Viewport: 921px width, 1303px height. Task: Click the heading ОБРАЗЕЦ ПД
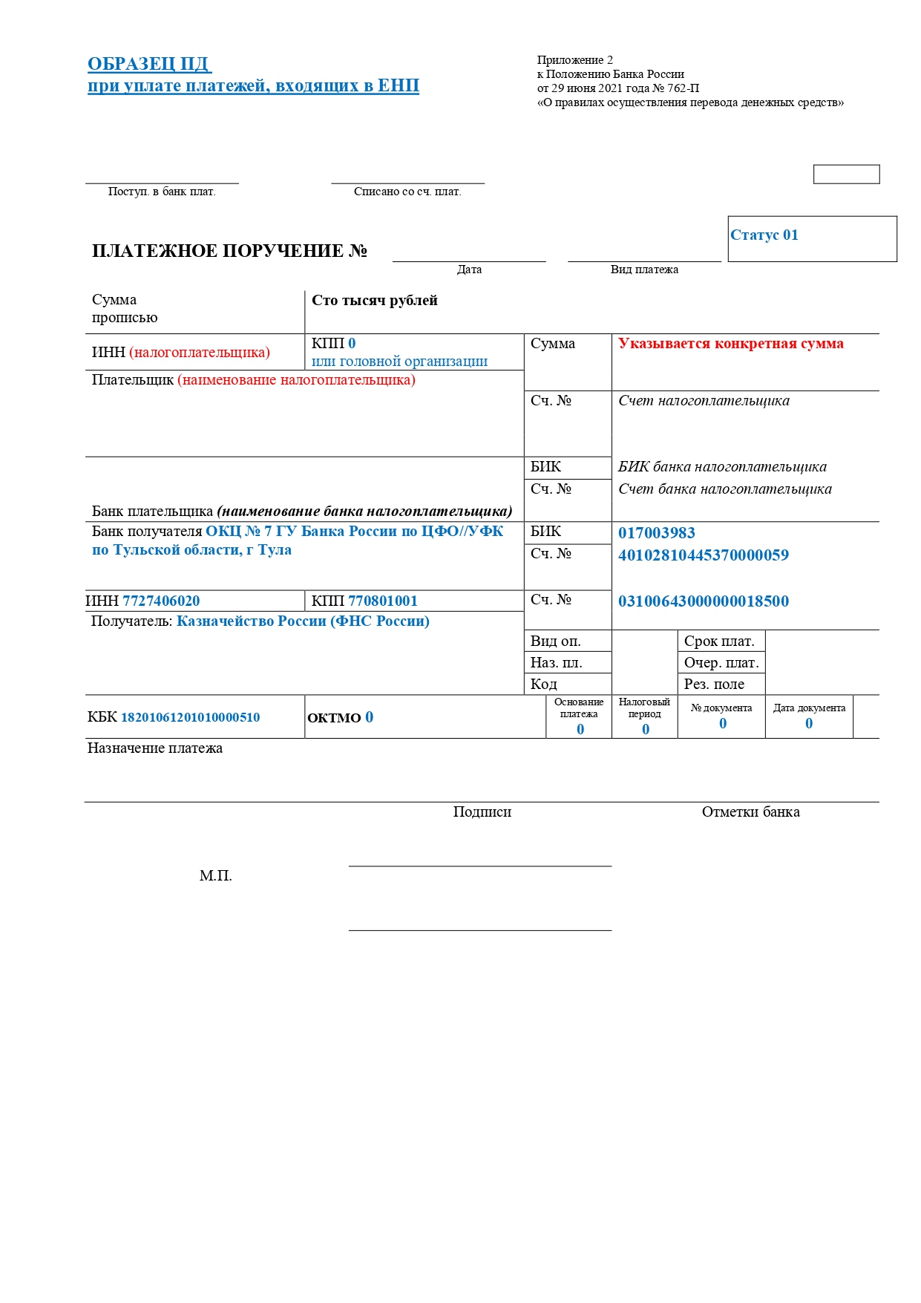(x=149, y=64)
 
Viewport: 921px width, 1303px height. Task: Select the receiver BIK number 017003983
(x=656, y=533)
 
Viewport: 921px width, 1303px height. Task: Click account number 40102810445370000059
(x=703, y=555)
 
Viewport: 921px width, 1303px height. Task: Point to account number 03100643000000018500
(x=703, y=601)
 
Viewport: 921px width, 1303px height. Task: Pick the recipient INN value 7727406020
(x=161, y=601)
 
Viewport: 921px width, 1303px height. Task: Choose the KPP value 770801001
(x=383, y=601)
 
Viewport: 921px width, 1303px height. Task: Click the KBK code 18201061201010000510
(x=190, y=717)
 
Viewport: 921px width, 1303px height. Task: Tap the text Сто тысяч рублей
(x=374, y=301)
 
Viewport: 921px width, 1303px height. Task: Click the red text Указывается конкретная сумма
(x=730, y=344)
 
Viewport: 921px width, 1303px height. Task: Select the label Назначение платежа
(x=154, y=748)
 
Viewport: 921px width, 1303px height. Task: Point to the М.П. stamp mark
(x=215, y=876)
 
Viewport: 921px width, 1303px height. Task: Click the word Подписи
(x=482, y=812)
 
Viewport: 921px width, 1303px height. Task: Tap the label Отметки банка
(x=750, y=812)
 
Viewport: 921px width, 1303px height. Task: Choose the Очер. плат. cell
(x=721, y=662)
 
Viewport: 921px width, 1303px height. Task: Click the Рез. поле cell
(x=714, y=684)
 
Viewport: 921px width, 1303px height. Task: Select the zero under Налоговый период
(x=646, y=729)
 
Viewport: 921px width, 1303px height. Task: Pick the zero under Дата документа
(x=809, y=723)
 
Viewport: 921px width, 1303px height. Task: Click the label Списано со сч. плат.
(x=407, y=192)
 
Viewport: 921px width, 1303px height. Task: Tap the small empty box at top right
(x=846, y=174)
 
